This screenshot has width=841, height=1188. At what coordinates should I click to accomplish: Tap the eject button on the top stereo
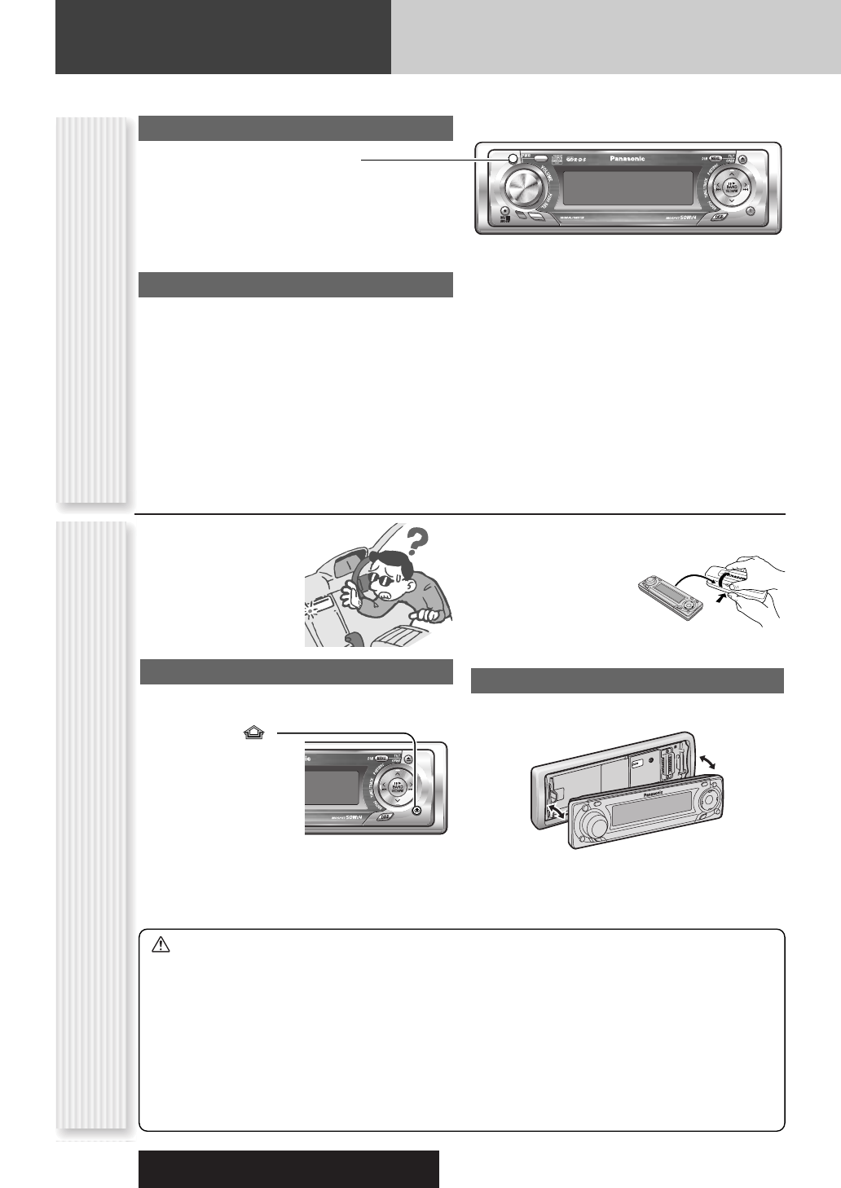(x=752, y=159)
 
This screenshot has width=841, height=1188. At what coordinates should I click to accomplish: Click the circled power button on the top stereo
(x=511, y=159)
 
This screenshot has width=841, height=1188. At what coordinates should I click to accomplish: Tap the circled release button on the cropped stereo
(x=417, y=809)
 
